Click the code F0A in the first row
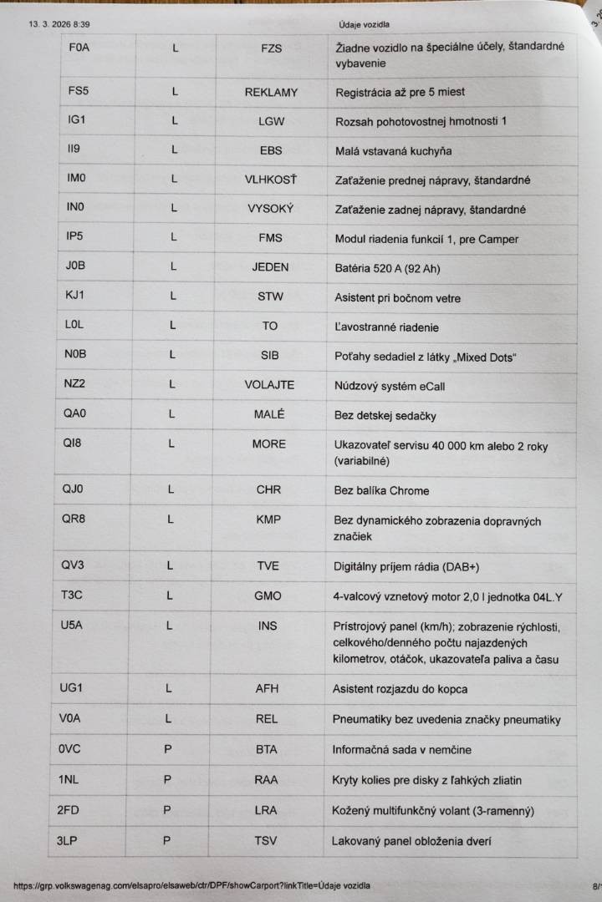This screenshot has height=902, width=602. click(79, 48)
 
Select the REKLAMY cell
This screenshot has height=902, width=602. click(271, 92)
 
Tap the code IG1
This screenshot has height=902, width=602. click(77, 120)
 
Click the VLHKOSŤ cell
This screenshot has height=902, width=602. click(271, 180)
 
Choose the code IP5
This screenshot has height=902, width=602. click(74, 236)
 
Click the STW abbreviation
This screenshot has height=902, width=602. click(270, 296)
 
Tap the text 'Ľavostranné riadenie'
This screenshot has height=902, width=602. click(386, 327)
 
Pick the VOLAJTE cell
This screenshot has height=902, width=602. click(269, 385)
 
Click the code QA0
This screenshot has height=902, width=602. click(74, 413)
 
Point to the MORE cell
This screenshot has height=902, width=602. click(269, 443)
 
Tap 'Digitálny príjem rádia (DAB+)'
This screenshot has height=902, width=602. click(406, 567)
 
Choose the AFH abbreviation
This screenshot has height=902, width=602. click(267, 689)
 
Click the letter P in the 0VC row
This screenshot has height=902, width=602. click(168, 749)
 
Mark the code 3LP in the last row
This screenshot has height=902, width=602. click(68, 841)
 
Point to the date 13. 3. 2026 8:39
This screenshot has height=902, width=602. click(59, 24)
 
